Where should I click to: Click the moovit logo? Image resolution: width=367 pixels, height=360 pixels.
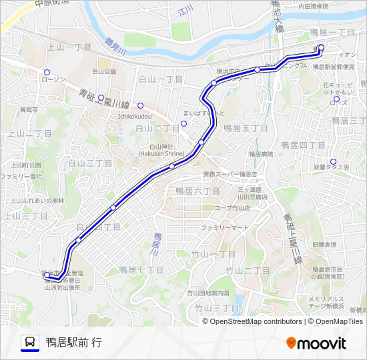316,343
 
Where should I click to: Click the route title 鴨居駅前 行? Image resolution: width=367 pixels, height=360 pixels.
74,343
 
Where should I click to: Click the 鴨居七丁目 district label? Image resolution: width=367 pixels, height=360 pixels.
141,269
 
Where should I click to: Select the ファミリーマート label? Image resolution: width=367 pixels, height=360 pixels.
226,227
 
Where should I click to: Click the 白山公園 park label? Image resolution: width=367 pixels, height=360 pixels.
104,71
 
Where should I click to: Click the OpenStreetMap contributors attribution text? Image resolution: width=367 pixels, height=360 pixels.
256,321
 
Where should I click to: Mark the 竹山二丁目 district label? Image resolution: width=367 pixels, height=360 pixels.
247,270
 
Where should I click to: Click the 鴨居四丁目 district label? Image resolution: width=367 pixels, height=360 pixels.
302,145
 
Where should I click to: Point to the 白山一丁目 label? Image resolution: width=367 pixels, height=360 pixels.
161,79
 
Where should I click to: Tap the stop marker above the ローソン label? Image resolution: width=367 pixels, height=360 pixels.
47,73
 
